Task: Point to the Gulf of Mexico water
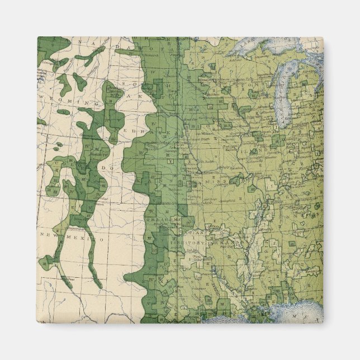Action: (x=291, y=313)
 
